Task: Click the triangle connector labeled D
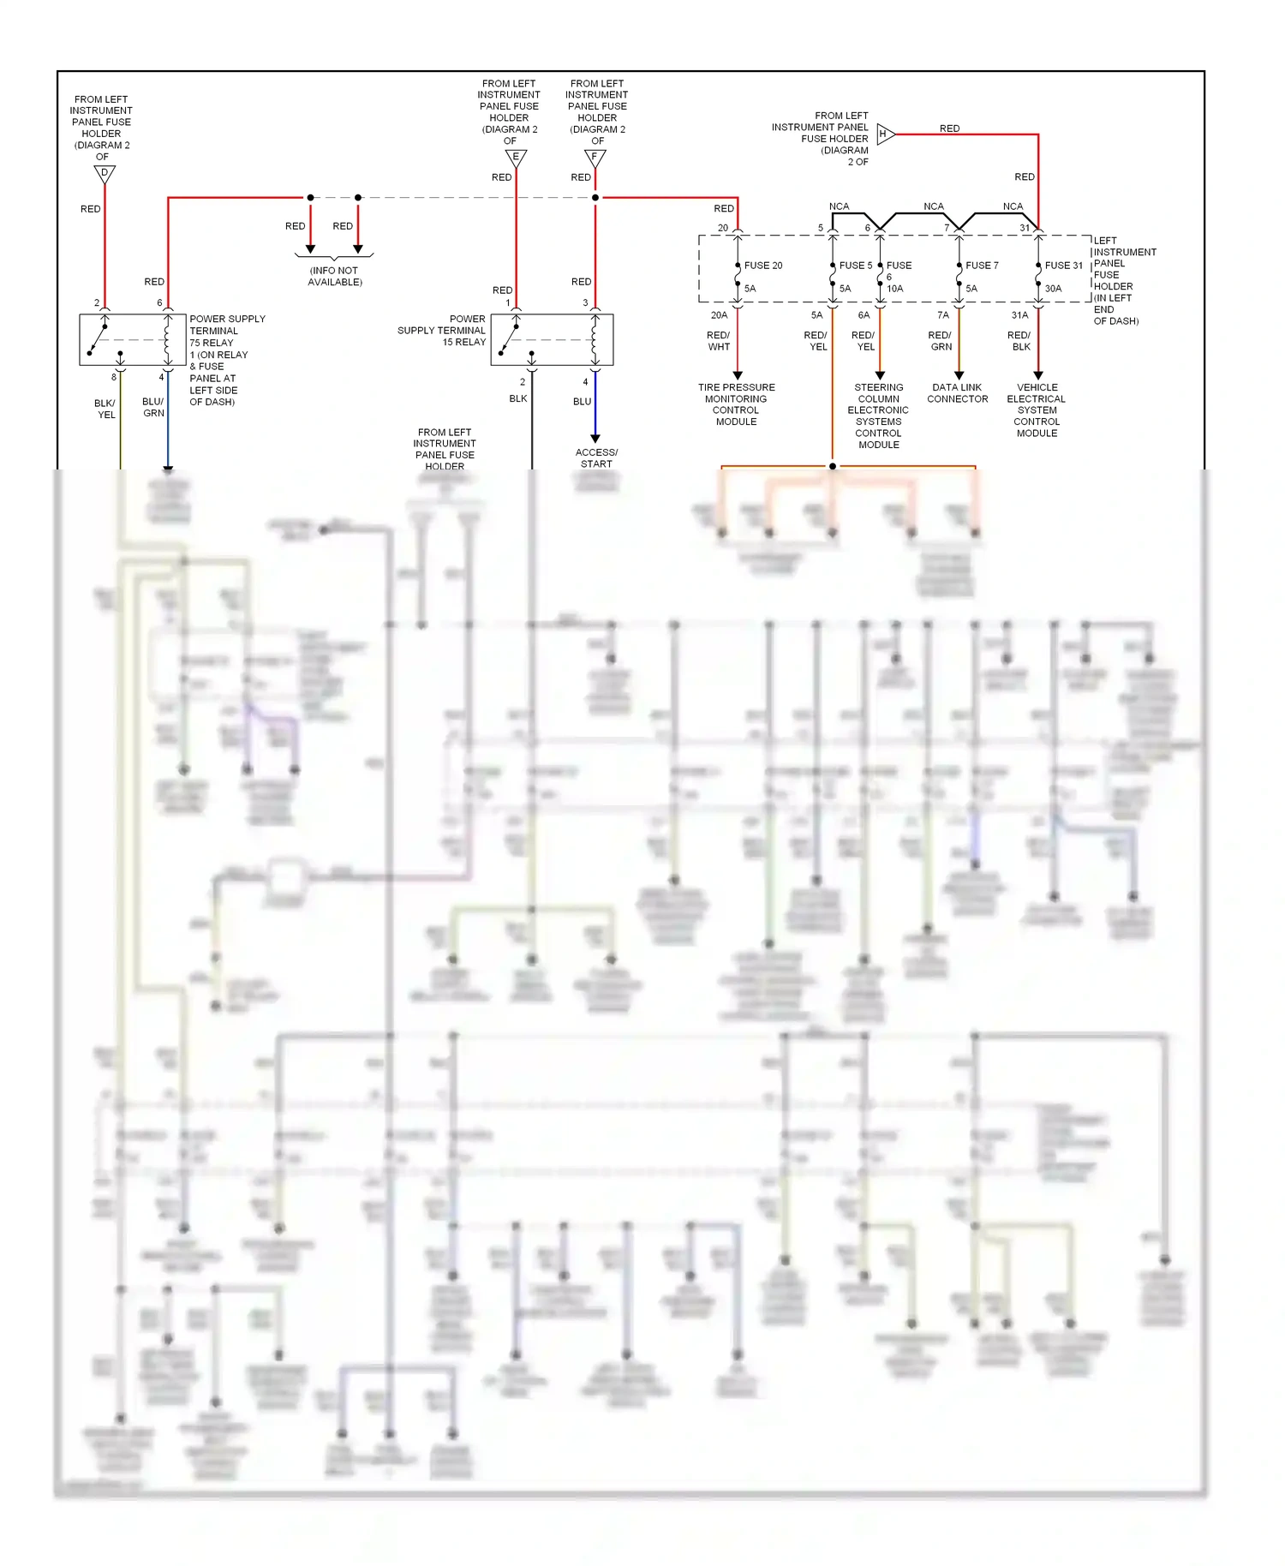click(x=105, y=174)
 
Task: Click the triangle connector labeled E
click(x=516, y=158)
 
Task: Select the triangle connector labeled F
click(x=595, y=158)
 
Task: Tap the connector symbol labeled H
click(x=885, y=134)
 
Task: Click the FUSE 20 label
click(x=763, y=266)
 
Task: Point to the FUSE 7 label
click(x=982, y=266)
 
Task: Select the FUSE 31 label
click(x=1063, y=266)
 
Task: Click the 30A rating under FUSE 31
click(x=1053, y=289)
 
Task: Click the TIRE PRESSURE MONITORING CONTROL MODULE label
click(x=736, y=404)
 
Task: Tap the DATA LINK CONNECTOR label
click(x=958, y=393)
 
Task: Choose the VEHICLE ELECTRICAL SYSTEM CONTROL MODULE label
click(x=1037, y=410)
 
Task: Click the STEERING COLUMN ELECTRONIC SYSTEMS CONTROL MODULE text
click(x=879, y=415)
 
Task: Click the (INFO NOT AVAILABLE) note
click(x=335, y=276)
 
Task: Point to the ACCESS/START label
click(x=596, y=458)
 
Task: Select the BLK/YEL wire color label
click(x=105, y=409)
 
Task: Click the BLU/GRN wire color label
click(x=153, y=407)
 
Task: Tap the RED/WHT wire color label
click(x=719, y=341)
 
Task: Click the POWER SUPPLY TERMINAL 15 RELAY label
click(x=442, y=330)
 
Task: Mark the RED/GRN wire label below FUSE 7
click(x=940, y=341)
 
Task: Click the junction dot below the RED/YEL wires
click(x=832, y=466)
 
